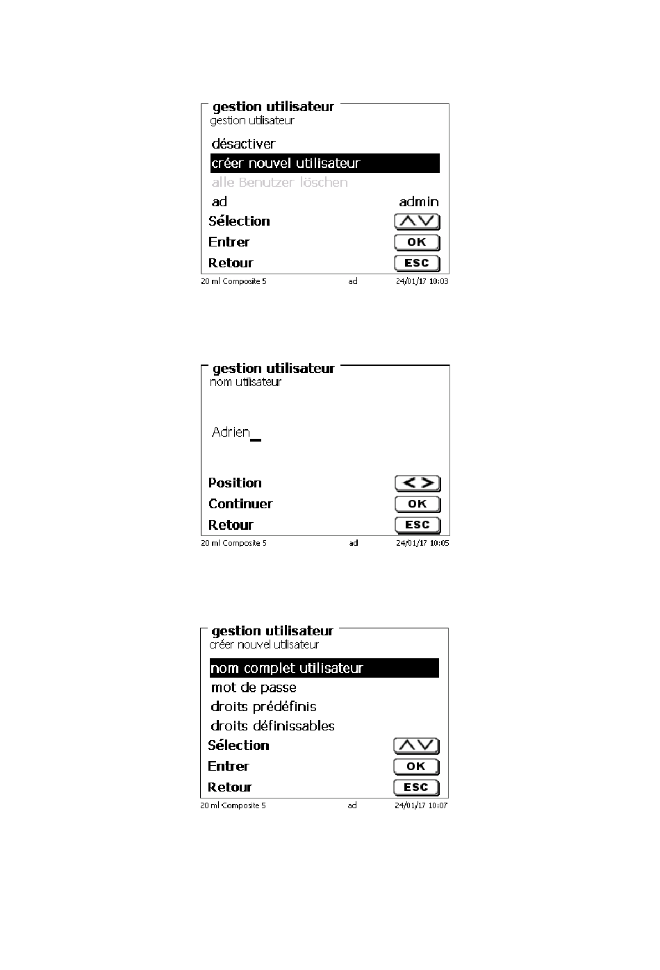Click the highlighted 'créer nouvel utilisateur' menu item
(x=324, y=163)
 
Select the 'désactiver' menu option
(x=243, y=144)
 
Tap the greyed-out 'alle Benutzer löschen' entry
(x=279, y=183)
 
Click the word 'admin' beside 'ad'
(x=418, y=202)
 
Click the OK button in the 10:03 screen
(x=417, y=242)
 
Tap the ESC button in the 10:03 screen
(x=417, y=263)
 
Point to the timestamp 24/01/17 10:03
(x=422, y=281)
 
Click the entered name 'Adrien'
(x=231, y=432)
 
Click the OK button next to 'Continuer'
(x=418, y=504)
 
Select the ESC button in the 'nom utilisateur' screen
(x=418, y=525)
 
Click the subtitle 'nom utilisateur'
(x=245, y=382)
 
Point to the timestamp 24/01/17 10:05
(x=422, y=543)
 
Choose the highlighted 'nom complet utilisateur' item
(x=324, y=668)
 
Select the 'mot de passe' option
(x=254, y=687)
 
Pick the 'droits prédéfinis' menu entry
(x=263, y=706)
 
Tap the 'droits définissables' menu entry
(x=272, y=726)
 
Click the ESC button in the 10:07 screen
(x=416, y=787)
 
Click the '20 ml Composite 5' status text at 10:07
(x=233, y=805)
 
